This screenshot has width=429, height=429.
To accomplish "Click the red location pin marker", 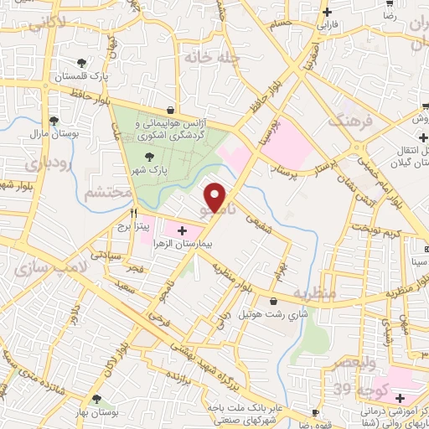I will (217, 197).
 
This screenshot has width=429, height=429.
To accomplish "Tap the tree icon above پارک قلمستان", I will (81, 63).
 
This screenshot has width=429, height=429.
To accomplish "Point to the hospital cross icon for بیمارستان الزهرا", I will (183, 230).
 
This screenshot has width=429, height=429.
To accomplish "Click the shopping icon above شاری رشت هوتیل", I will (273, 302).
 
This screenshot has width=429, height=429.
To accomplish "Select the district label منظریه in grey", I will (314, 294).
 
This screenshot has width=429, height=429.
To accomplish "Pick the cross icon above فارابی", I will (328, 12).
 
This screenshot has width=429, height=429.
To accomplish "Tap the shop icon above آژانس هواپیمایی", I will (171, 110).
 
